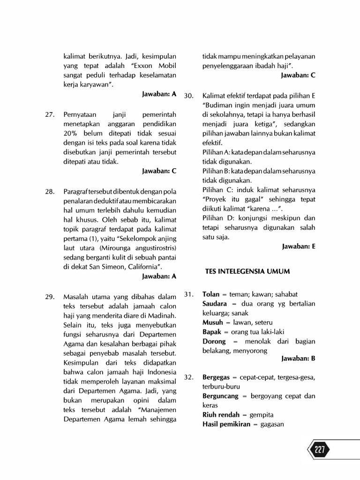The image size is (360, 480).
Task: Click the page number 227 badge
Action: pyautogui.click(x=319, y=450)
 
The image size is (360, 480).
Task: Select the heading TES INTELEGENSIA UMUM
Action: pyautogui.click(x=247, y=271)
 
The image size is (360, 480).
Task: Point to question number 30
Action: pyautogui.click(x=189, y=95)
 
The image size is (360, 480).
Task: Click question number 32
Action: pyautogui.click(x=189, y=377)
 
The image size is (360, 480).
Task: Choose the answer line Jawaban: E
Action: pyautogui.click(x=299, y=246)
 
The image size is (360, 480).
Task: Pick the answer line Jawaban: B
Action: pyautogui.click(x=299, y=359)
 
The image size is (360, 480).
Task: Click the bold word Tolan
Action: pyautogui.click(x=211, y=294)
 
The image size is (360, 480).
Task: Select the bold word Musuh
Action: pyautogui.click(x=213, y=322)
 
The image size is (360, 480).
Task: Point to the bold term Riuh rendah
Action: pyautogui.click(x=221, y=415)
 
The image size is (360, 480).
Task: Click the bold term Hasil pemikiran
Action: pyautogui.click(x=227, y=424)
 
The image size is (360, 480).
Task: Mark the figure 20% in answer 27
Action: pyautogui.click(x=71, y=133)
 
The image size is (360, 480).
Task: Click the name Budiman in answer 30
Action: pyautogui.click(x=219, y=105)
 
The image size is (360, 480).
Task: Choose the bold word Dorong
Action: pyautogui.click(x=214, y=341)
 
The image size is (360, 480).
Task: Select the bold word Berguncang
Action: pyautogui.click(x=220, y=396)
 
